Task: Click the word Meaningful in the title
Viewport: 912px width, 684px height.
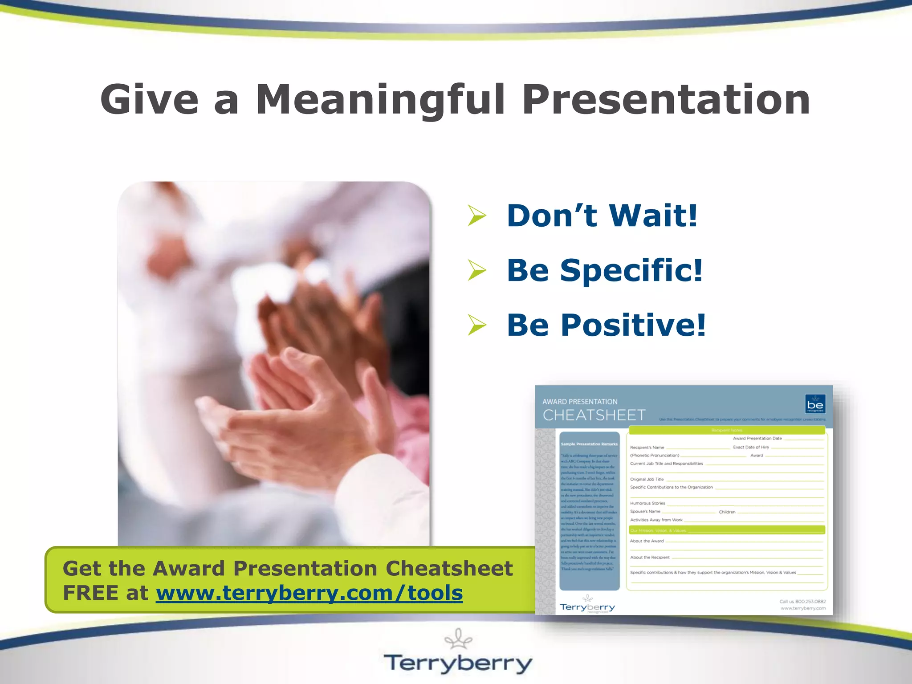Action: (x=381, y=100)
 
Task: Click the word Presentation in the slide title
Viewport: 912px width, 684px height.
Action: (x=665, y=100)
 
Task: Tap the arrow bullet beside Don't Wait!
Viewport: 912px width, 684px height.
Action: (x=477, y=216)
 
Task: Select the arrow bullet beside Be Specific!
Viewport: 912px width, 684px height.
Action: (x=477, y=270)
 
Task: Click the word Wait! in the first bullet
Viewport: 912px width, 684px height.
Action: (x=653, y=216)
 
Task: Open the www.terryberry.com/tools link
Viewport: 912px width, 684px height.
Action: (x=309, y=593)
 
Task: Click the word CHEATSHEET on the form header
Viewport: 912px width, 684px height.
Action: (x=594, y=415)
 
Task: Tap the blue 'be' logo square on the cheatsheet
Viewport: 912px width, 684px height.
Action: (x=815, y=404)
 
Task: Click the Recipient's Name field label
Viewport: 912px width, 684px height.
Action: (x=647, y=448)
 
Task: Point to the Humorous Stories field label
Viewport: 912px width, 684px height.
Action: (x=647, y=503)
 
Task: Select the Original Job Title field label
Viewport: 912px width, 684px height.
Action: (x=647, y=479)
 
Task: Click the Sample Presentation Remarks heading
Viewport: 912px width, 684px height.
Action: (x=589, y=444)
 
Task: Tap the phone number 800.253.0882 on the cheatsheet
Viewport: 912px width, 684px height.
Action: (x=810, y=602)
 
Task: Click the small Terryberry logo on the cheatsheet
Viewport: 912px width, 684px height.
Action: (x=587, y=607)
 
